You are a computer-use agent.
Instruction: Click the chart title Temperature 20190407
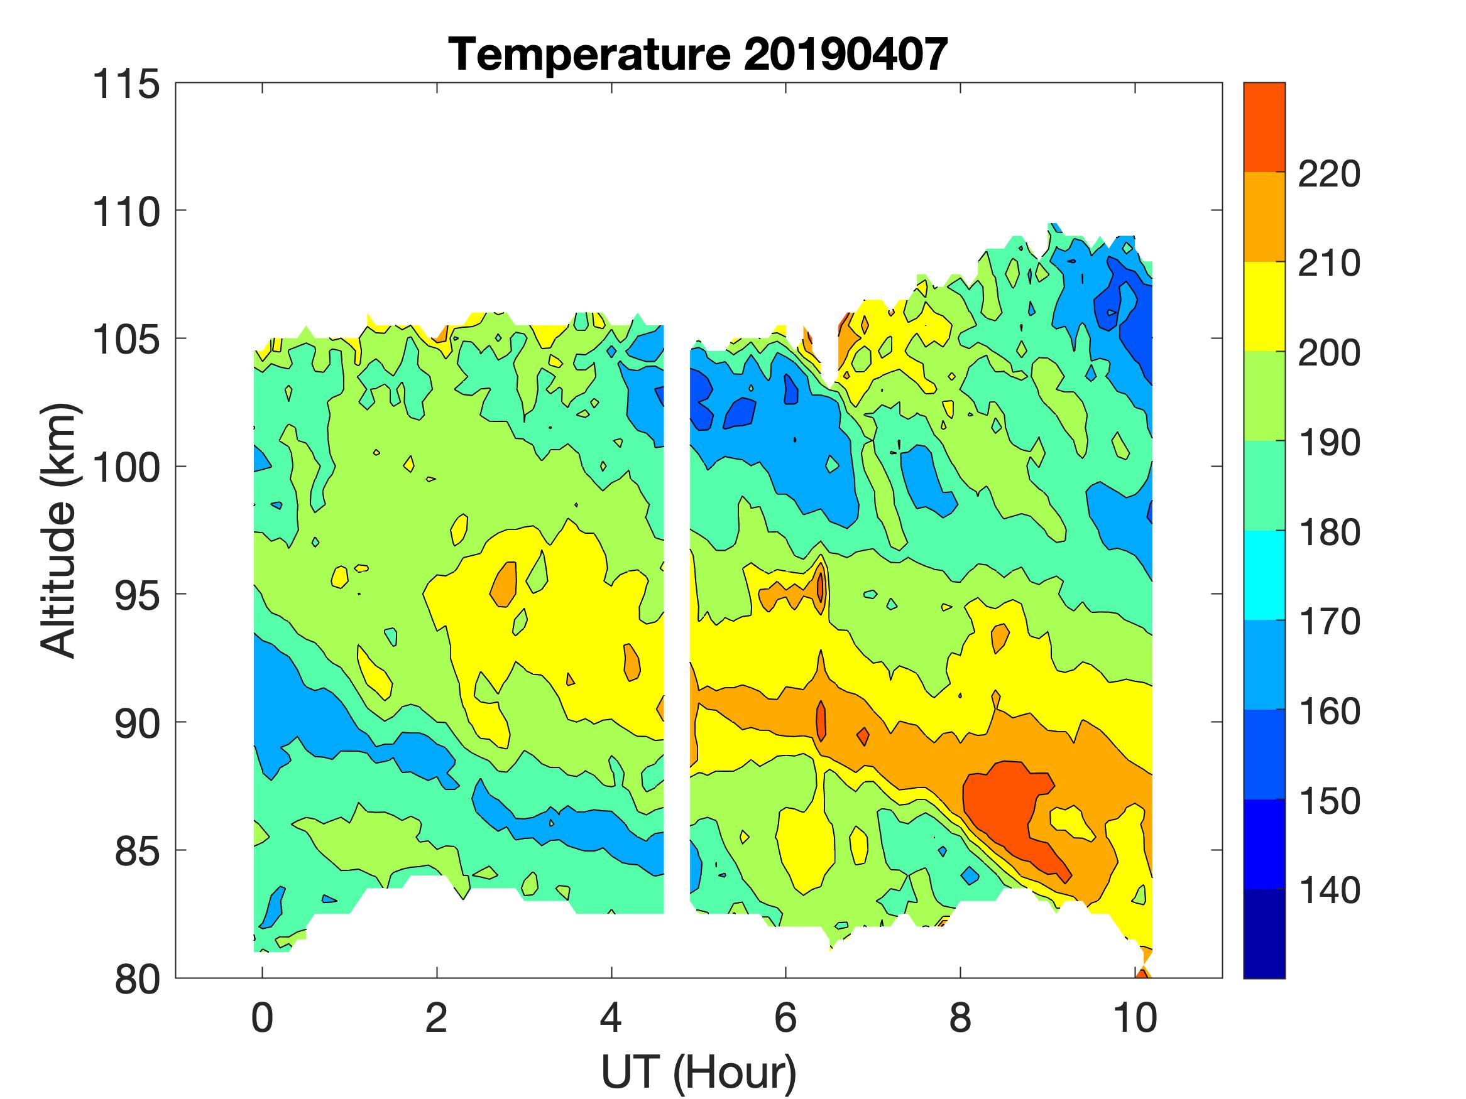(x=698, y=54)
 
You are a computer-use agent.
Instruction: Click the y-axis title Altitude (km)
(x=60, y=530)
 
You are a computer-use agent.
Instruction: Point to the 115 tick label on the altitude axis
(x=126, y=85)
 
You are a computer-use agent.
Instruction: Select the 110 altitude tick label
(x=126, y=213)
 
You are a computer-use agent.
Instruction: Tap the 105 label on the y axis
(x=126, y=340)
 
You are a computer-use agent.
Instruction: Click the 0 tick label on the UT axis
(x=263, y=1017)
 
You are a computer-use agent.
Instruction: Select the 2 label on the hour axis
(x=436, y=1017)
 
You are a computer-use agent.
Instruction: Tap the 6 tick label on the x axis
(x=785, y=1017)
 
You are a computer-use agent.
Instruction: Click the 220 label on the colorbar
(x=1329, y=175)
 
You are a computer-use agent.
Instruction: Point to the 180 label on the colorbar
(x=1329, y=533)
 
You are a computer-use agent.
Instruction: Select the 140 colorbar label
(x=1329, y=891)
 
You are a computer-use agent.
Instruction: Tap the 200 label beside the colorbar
(x=1329, y=354)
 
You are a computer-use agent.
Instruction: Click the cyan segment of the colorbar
(x=1264, y=575)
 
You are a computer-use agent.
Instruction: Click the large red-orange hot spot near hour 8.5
(x=1004, y=805)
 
